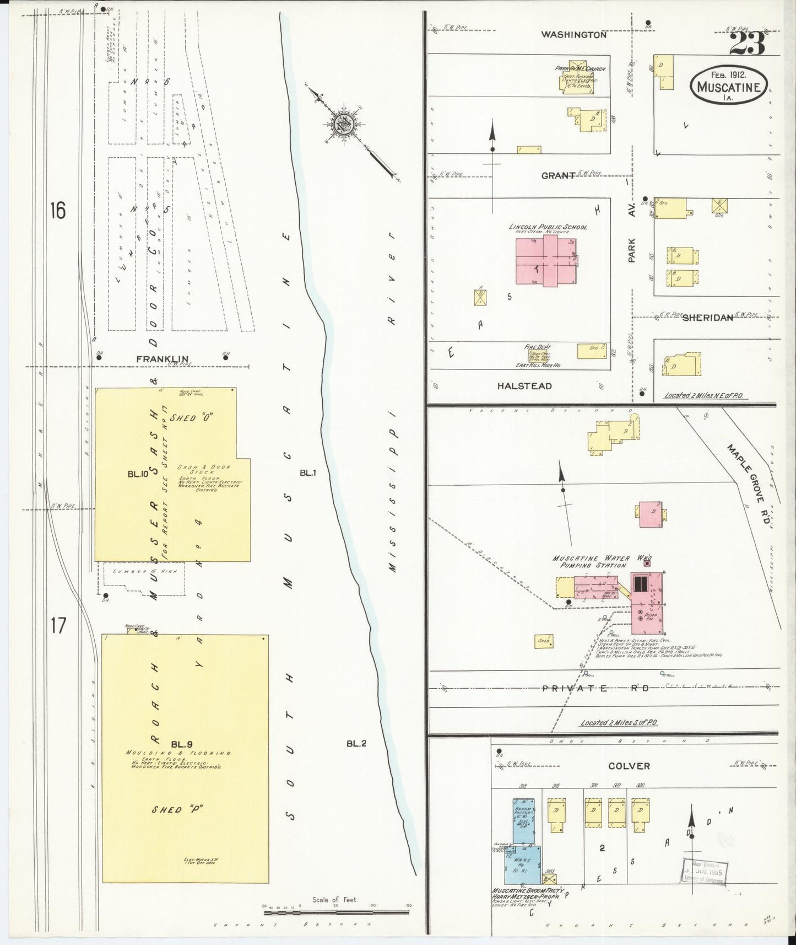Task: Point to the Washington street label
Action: click(573, 34)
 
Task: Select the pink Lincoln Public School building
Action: click(545, 260)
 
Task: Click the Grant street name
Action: click(557, 175)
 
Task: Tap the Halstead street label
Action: click(524, 386)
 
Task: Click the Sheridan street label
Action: click(708, 318)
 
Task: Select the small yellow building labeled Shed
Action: click(544, 641)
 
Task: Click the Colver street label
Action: click(629, 766)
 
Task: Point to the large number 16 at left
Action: click(57, 210)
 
